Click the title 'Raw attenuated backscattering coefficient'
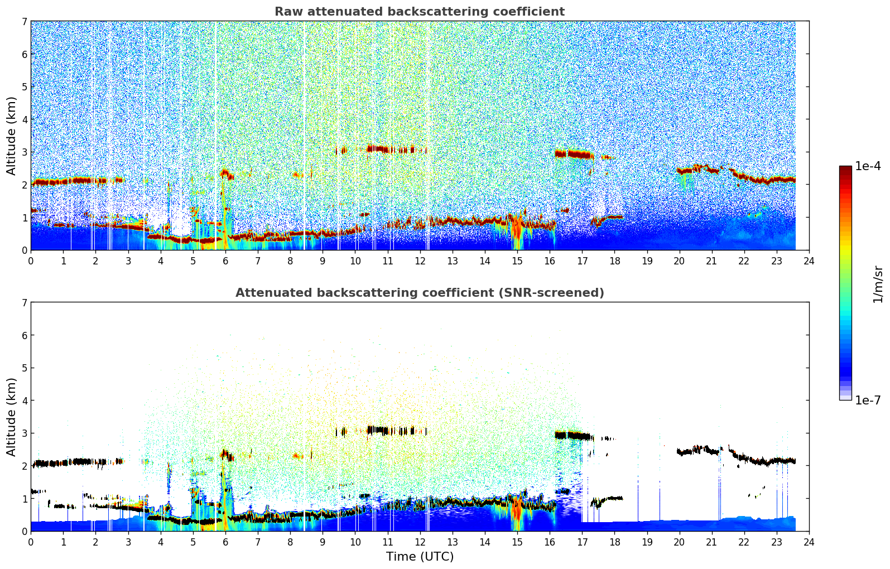(419, 12)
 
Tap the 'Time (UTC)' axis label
(420, 556)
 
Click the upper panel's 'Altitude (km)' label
(11, 136)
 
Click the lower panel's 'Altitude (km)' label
(11, 417)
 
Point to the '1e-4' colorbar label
(868, 166)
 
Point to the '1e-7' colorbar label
(868, 400)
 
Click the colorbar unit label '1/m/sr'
(878, 284)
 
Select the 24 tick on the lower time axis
(809, 542)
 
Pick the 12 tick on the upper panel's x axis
(420, 261)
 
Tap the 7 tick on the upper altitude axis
(24, 22)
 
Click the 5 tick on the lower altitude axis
(24, 368)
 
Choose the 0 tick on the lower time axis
(31, 542)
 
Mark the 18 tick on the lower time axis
(614, 542)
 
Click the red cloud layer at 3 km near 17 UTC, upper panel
(575, 154)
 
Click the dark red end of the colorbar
(845, 169)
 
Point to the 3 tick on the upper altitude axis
(24, 152)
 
